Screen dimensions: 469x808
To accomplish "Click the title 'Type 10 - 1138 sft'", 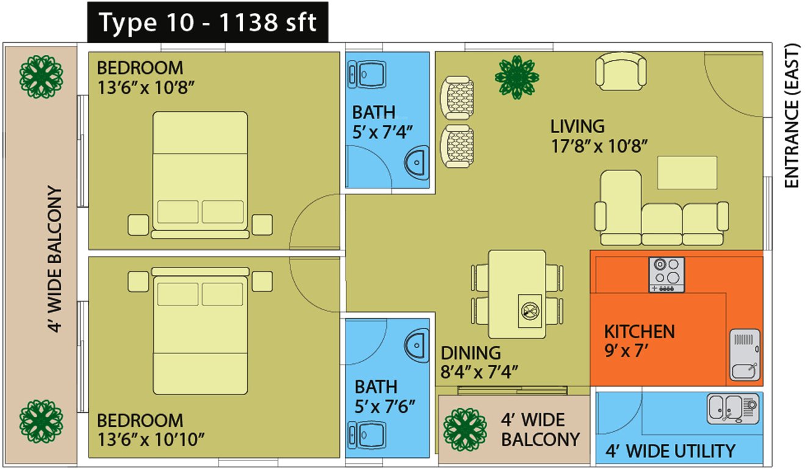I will [x=207, y=23].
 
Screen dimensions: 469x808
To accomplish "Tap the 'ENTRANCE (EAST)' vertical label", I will [x=792, y=116].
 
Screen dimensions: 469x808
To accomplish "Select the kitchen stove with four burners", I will [x=666, y=274].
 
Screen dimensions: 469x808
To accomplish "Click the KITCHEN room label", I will [x=639, y=332].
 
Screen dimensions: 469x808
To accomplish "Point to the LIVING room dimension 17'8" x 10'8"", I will [x=599, y=146].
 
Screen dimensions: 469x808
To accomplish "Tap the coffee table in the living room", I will [x=687, y=172].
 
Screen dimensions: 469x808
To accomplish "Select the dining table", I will [x=518, y=294].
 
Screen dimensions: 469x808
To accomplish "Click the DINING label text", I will [x=471, y=353].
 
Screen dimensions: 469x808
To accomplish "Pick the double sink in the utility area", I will [x=732, y=409].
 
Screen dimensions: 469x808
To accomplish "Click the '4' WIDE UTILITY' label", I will [x=670, y=451].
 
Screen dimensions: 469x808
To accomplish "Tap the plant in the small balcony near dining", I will [x=464, y=428].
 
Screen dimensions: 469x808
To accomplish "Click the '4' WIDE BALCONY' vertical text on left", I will [x=56, y=260].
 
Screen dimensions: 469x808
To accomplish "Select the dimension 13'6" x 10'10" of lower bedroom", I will [x=151, y=438].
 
